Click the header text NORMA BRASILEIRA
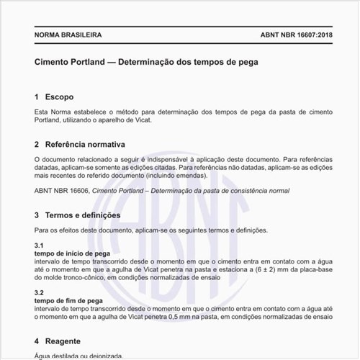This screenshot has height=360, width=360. click(68, 35)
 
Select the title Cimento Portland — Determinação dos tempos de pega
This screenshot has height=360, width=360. click(146, 62)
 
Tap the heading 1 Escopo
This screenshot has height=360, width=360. click(54, 96)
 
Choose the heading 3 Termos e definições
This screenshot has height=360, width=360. click(78, 215)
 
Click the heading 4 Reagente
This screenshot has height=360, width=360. click(58, 341)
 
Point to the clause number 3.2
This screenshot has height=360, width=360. click(39, 293)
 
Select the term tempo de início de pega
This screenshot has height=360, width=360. click(71, 254)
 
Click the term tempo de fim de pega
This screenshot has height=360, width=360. click(68, 300)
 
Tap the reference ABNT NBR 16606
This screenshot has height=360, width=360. click(60, 191)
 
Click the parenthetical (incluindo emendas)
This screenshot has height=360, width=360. click(150, 175)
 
